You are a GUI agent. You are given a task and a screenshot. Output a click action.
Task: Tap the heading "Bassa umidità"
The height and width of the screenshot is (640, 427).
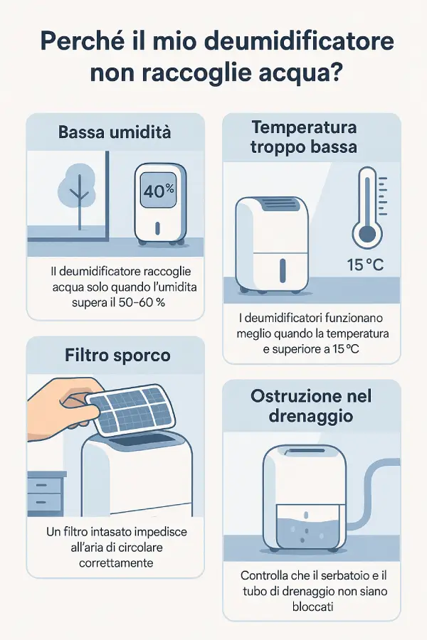point(115,132)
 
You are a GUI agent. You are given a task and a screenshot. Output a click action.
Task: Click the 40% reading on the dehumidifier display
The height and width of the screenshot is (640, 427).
point(159,191)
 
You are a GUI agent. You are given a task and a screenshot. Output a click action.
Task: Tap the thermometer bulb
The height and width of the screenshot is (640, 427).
point(367,233)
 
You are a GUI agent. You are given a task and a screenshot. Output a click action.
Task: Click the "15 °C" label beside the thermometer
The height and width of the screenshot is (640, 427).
point(365,265)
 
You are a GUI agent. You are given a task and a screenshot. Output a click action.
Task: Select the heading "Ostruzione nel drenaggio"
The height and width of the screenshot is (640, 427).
point(311,406)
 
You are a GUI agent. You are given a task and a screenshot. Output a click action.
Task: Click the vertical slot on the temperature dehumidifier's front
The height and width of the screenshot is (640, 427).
point(282,269)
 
